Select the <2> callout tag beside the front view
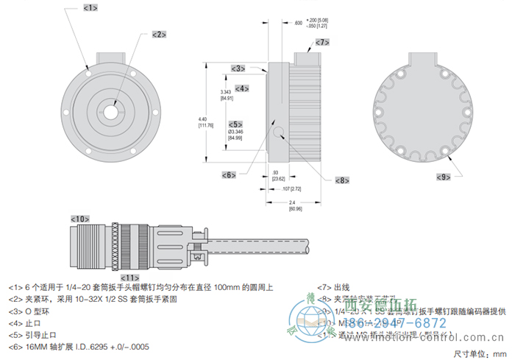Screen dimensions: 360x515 (x=160, y=34)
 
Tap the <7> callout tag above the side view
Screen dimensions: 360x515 (x=322, y=43)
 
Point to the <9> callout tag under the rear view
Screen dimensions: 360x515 (x=443, y=177)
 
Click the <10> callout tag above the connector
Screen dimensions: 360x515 (x=80, y=219)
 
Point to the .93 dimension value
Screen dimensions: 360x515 (x=274, y=172)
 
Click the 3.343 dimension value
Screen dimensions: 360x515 (x=227, y=94)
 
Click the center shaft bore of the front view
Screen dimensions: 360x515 (x=110, y=111)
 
